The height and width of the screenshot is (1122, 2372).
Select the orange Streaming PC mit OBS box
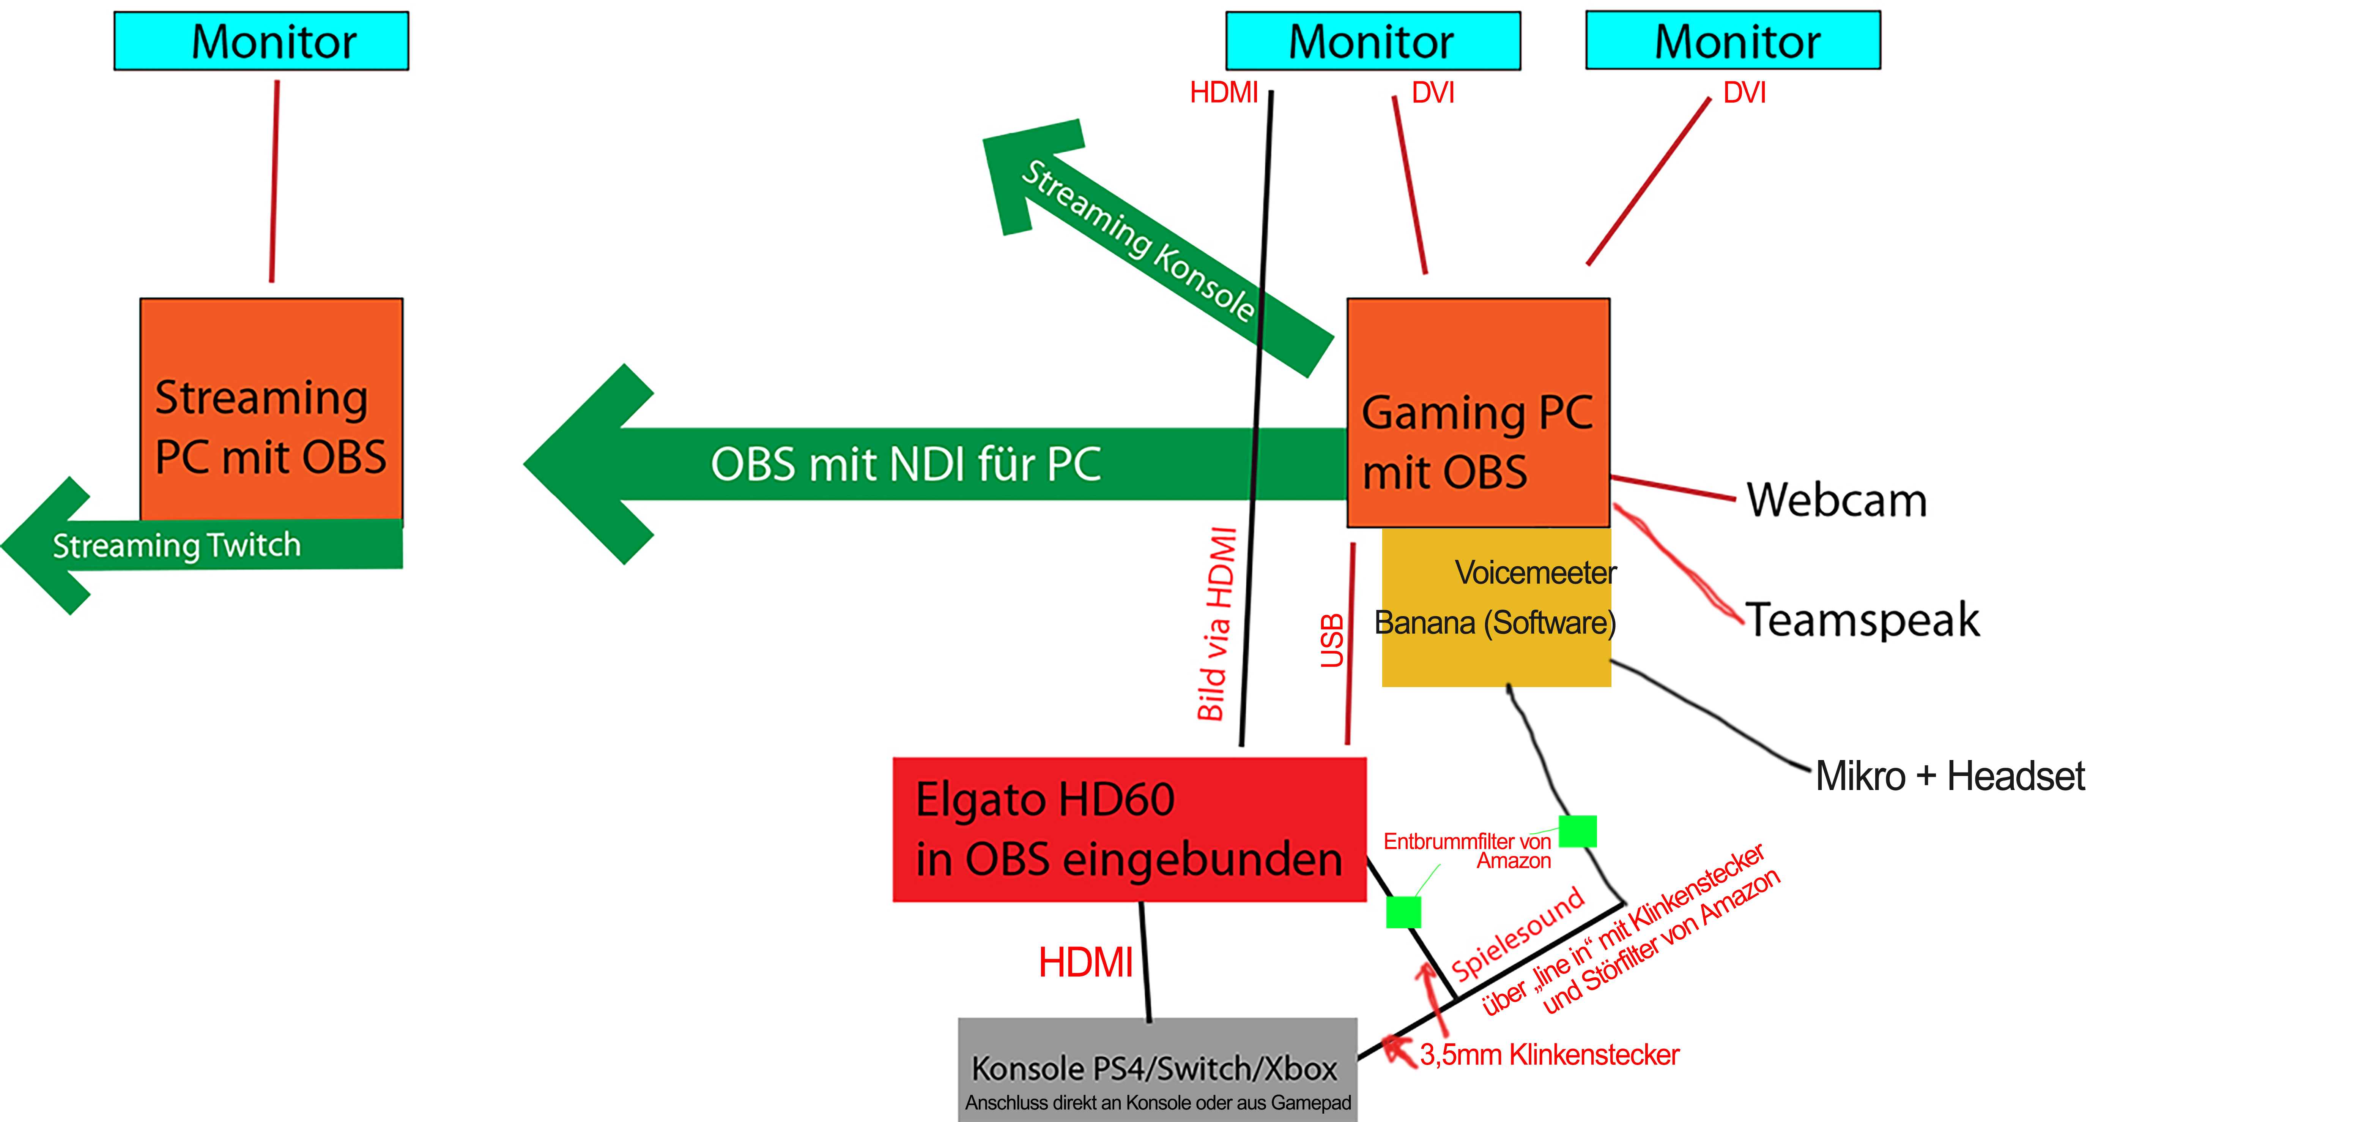(x=271, y=410)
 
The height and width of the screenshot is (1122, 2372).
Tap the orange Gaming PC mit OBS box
(x=1478, y=413)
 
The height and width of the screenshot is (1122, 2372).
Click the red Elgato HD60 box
(x=1129, y=829)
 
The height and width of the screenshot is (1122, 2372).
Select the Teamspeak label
(x=1862, y=619)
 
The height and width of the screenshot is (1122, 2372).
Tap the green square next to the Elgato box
(x=1403, y=912)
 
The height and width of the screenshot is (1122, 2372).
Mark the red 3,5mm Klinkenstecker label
(x=1549, y=1055)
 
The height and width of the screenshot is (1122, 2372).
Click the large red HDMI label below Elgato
(x=1086, y=962)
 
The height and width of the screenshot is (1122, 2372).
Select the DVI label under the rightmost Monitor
(x=1744, y=93)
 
